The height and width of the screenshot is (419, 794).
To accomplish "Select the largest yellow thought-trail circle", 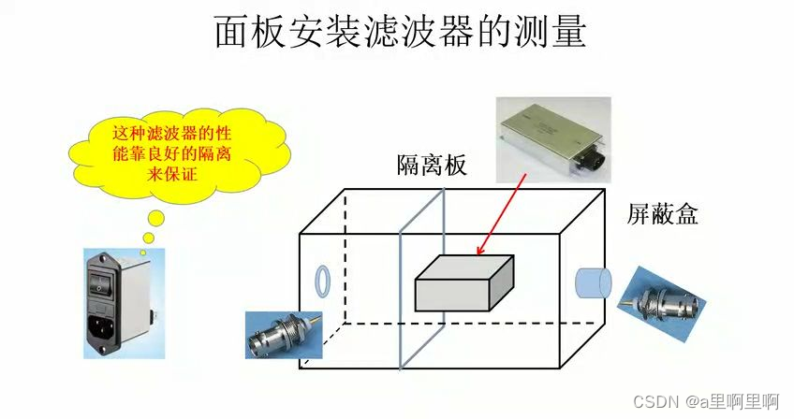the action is tap(154, 219).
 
